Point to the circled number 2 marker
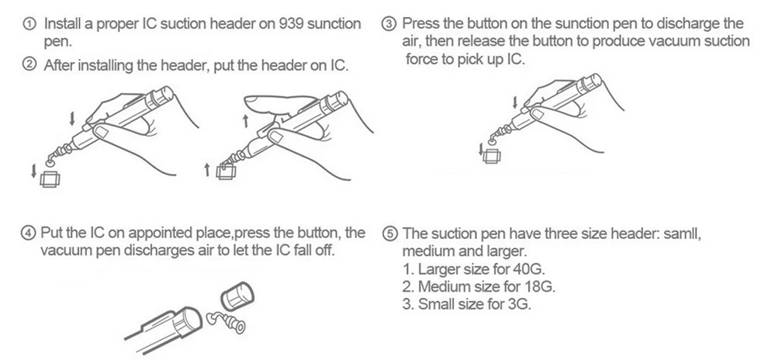click(x=29, y=65)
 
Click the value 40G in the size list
click(x=530, y=270)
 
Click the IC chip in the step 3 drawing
click(x=491, y=157)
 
